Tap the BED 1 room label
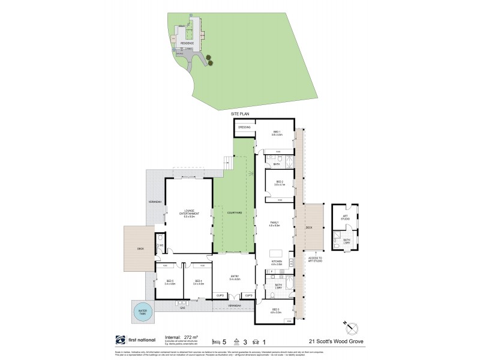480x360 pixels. pyautogui.click(x=277, y=133)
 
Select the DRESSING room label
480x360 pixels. pyautogui.click(x=244, y=127)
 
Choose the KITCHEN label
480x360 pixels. pyautogui.click(x=277, y=262)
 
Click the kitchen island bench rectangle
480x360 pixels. pyautogui.click(x=275, y=252)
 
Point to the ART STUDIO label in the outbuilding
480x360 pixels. pyautogui.click(x=345, y=217)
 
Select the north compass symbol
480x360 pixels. pyautogui.click(x=352, y=327)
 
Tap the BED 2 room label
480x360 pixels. pyautogui.click(x=279, y=183)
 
